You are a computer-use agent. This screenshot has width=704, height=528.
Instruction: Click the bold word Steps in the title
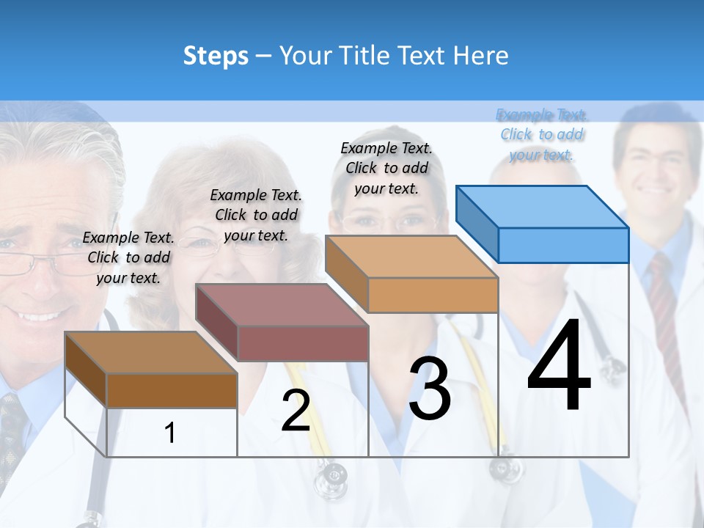[x=216, y=56]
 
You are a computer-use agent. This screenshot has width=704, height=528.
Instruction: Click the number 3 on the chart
[x=430, y=389]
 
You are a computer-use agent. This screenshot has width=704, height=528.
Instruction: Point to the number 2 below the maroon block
[x=296, y=411]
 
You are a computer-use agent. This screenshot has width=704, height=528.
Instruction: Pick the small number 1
[x=169, y=433]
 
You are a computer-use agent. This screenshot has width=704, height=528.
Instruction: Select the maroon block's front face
[x=303, y=343]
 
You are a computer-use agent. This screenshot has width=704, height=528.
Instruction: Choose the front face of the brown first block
[x=172, y=390]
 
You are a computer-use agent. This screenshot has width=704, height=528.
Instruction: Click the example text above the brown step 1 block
[x=128, y=257]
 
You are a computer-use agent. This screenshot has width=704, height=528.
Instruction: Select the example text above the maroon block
[x=256, y=215]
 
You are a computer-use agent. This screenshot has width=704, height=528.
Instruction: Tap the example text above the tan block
[x=386, y=168]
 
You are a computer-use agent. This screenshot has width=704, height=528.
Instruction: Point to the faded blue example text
[x=541, y=134]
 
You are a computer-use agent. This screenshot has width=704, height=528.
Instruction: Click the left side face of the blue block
[x=477, y=223]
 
